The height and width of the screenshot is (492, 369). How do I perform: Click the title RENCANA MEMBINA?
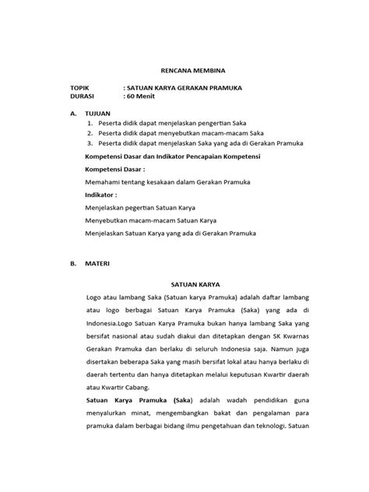pyautogui.click(x=184, y=69)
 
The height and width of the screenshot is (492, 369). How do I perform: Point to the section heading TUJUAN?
pyautogui.click(x=97, y=113)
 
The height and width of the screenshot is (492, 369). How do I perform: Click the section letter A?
pyautogui.click(x=72, y=113)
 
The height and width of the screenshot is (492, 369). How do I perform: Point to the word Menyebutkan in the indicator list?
pyautogui.click(x=109, y=222)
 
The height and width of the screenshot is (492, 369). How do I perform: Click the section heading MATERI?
pyautogui.click(x=97, y=264)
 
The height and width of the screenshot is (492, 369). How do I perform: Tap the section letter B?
pyautogui.click(x=72, y=264)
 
